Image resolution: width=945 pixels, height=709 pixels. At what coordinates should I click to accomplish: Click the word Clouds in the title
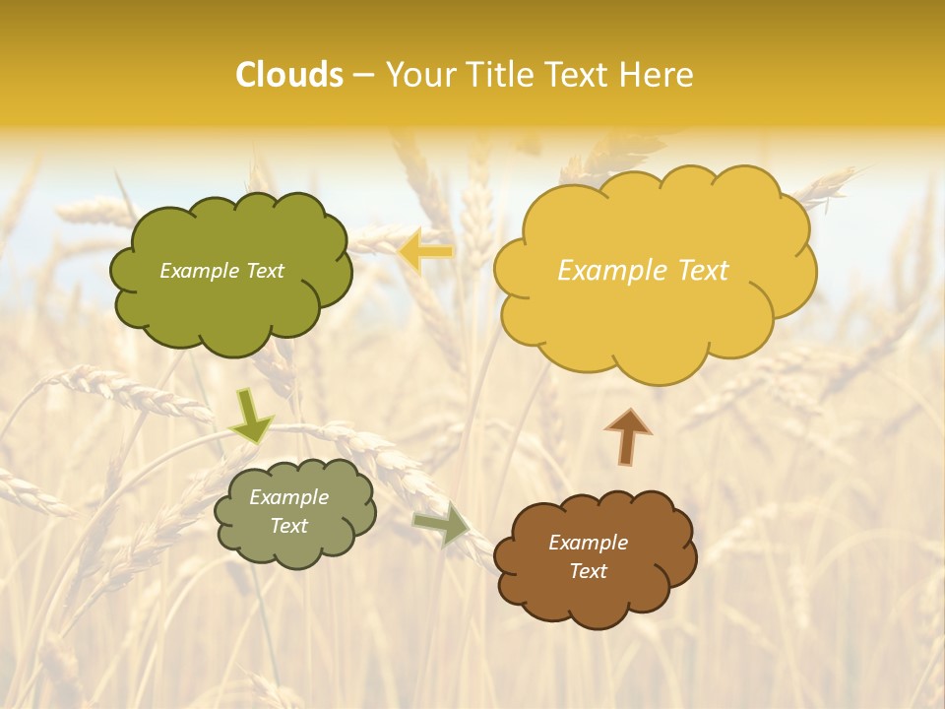click(x=289, y=75)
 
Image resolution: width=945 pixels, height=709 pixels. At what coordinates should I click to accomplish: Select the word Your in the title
click(x=418, y=75)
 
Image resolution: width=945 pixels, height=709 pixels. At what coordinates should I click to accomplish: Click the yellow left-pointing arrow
click(x=426, y=252)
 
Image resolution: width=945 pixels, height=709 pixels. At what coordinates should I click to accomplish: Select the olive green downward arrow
click(x=251, y=417)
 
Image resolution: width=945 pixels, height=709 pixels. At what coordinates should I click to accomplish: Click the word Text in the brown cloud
click(x=588, y=572)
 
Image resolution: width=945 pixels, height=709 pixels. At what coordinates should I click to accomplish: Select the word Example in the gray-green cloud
click(x=288, y=497)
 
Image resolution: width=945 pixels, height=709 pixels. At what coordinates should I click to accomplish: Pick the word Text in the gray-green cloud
click(x=288, y=526)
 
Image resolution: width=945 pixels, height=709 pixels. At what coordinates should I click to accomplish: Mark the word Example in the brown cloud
click(x=588, y=543)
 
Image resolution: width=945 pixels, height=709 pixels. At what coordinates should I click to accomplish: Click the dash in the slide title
click(x=363, y=76)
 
